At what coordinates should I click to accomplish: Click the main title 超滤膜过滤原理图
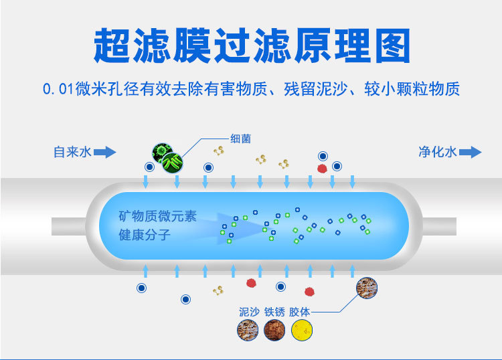coord(251,46)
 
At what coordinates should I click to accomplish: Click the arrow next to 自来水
coord(104,153)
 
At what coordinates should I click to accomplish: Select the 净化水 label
coord(437,152)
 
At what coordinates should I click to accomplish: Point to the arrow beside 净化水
coord(471,153)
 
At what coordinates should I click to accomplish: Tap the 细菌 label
coord(241,138)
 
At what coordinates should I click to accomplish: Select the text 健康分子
coord(145,236)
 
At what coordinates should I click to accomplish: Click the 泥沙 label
coord(249,312)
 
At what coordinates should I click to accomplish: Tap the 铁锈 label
coord(274,312)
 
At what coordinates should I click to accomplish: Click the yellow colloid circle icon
coord(302,331)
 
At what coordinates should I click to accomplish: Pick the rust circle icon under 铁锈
coord(274,331)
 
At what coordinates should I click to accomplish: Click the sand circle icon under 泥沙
coord(248,331)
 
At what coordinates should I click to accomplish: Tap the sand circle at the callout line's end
coord(366,288)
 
